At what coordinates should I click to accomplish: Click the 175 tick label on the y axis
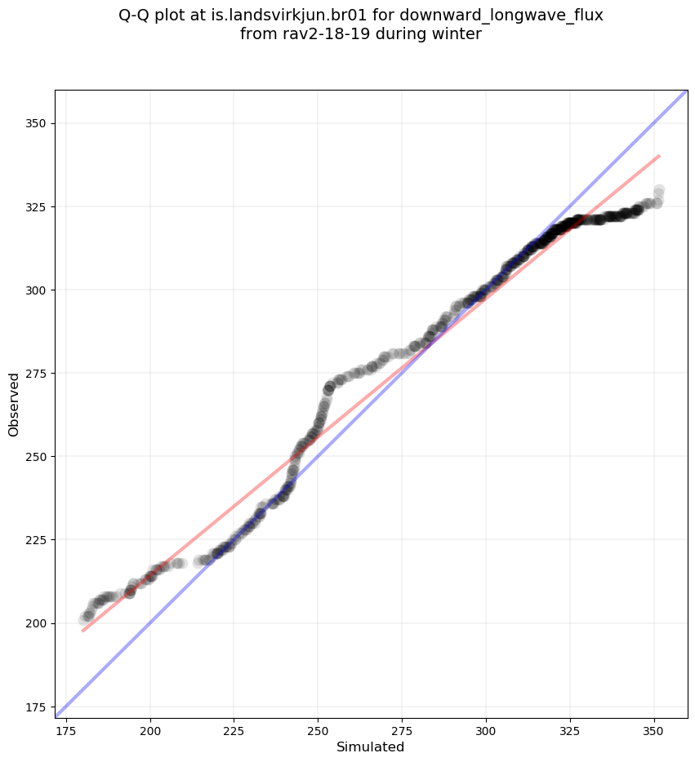(x=38, y=707)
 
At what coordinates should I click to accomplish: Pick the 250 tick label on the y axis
(x=38, y=456)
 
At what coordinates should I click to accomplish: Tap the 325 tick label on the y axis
(x=38, y=206)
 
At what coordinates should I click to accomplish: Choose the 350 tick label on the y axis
(x=38, y=123)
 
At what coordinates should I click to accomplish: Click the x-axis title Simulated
(x=371, y=747)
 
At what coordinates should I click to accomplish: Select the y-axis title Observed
(x=14, y=405)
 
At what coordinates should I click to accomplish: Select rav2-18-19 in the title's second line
(x=319, y=34)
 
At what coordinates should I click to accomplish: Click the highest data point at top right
(x=658, y=190)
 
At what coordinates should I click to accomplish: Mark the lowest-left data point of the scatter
(x=83, y=620)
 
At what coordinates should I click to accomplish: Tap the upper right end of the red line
(x=659, y=155)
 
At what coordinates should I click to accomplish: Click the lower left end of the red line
(x=82, y=631)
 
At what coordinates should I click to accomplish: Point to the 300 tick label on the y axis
(x=38, y=290)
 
